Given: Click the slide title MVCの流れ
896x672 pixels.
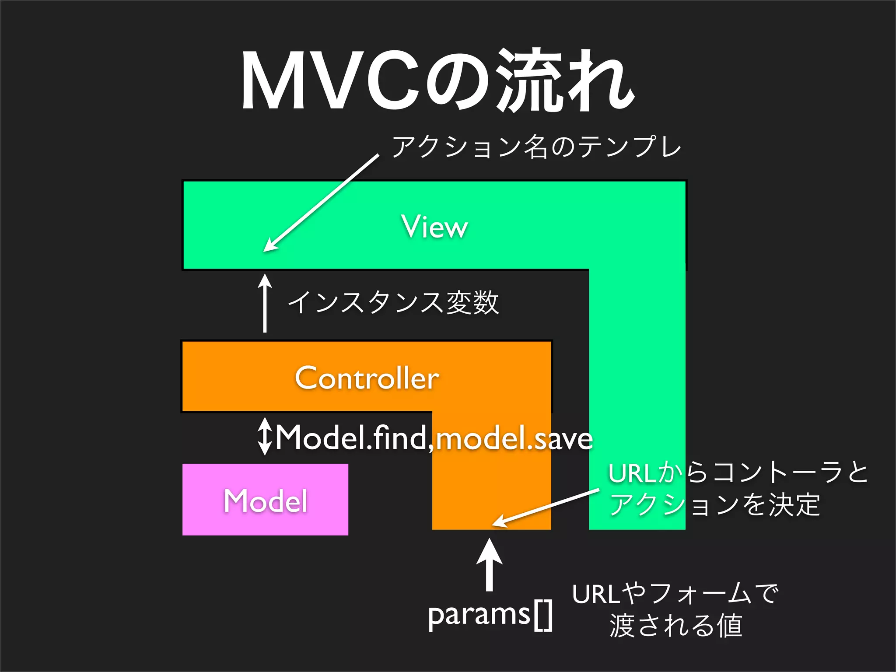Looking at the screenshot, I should (437, 81).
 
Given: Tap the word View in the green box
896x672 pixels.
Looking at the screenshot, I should (435, 227).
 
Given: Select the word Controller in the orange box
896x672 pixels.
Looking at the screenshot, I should (367, 378).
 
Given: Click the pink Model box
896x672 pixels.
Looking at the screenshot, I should (265, 500).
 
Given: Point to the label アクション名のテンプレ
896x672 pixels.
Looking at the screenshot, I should (536, 147).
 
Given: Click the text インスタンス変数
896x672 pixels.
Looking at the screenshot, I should (393, 302).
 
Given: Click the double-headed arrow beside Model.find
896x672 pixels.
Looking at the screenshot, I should (265, 437).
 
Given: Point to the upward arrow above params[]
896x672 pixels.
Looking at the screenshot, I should (489, 564).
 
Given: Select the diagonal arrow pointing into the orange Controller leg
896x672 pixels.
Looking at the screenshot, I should (545, 507).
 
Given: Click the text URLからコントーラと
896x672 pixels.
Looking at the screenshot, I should (738, 473).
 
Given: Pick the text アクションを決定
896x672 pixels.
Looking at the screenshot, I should (714, 504).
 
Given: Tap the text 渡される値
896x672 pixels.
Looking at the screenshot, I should (675, 626).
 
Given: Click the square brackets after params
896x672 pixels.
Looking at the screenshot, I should (543, 616).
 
